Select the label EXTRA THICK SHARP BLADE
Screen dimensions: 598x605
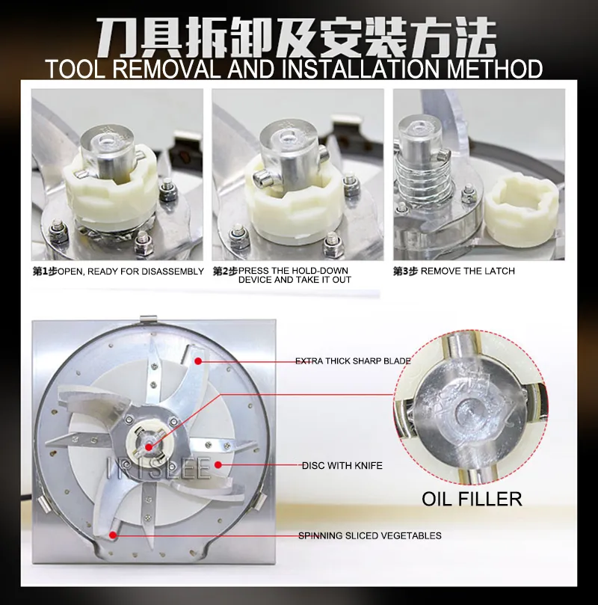click(x=353, y=361)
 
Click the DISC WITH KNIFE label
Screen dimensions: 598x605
click(x=342, y=466)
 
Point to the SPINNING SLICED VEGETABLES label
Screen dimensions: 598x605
click(x=370, y=535)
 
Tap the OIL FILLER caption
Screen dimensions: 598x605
click(x=472, y=499)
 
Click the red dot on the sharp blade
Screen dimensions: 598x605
click(x=198, y=361)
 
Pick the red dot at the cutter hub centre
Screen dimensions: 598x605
click(x=149, y=447)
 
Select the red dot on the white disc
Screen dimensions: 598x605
click(x=218, y=465)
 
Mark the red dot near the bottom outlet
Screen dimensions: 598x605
click(x=113, y=535)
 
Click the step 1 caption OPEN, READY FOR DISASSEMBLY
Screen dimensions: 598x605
click(x=131, y=271)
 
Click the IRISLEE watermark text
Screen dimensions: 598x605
click(x=158, y=468)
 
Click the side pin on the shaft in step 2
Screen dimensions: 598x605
click(x=262, y=178)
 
